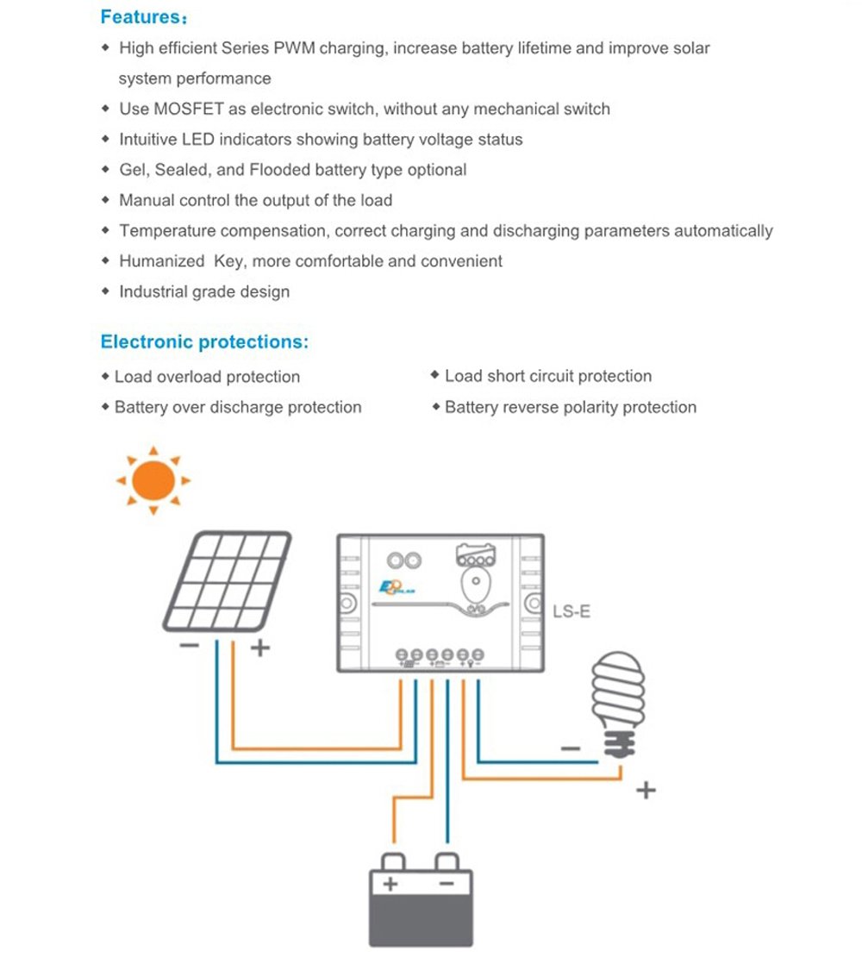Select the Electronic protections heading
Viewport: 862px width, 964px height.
pos(204,341)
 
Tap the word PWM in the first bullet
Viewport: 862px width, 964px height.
pos(295,48)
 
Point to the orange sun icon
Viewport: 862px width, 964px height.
pos(153,480)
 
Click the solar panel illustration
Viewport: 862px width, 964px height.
pos(227,580)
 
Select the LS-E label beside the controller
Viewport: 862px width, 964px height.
pos(572,613)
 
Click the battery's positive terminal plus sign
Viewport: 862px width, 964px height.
pos(390,884)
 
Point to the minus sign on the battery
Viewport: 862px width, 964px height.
pos(446,884)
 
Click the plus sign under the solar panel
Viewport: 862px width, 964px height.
pos(259,647)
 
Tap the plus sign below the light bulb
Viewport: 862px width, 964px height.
pos(645,789)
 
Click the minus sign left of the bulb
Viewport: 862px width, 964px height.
pos(571,748)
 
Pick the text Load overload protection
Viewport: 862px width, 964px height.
pos(207,377)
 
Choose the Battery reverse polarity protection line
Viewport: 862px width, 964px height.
pos(570,407)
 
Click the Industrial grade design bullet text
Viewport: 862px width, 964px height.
pos(204,291)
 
